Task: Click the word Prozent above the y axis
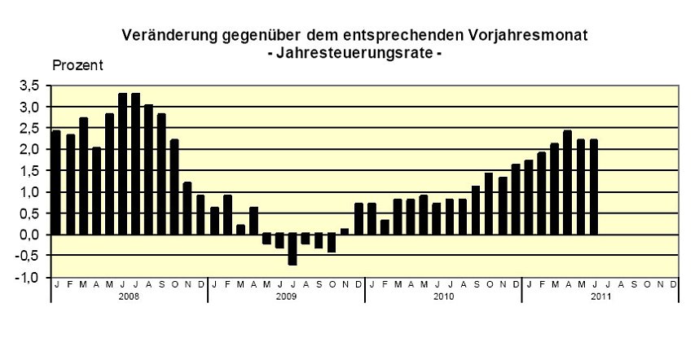pyautogui.click(x=77, y=66)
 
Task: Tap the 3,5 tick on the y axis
pyautogui.click(x=30, y=86)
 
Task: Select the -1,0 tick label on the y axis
pyautogui.click(x=30, y=277)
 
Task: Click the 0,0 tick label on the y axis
pyautogui.click(x=30, y=235)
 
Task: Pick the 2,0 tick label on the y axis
pyautogui.click(x=30, y=149)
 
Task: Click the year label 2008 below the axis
pyautogui.click(x=129, y=297)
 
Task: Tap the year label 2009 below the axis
pyautogui.click(x=286, y=297)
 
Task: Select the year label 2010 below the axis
pyautogui.click(x=443, y=297)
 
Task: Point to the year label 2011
pyautogui.click(x=600, y=297)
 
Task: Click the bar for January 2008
pyautogui.click(x=57, y=182)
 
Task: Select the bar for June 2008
pyautogui.click(x=122, y=164)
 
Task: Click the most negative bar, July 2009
pyautogui.click(x=292, y=249)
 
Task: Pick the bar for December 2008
pyautogui.click(x=200, y=215)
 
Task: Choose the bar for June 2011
pyautogui.click(x=593, y=187)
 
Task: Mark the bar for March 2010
pyautogui.click(x=398, y=217)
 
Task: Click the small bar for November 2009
pyautogui.click(x=345, y=231)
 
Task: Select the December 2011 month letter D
pyautogui.click(x=672, y=284)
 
